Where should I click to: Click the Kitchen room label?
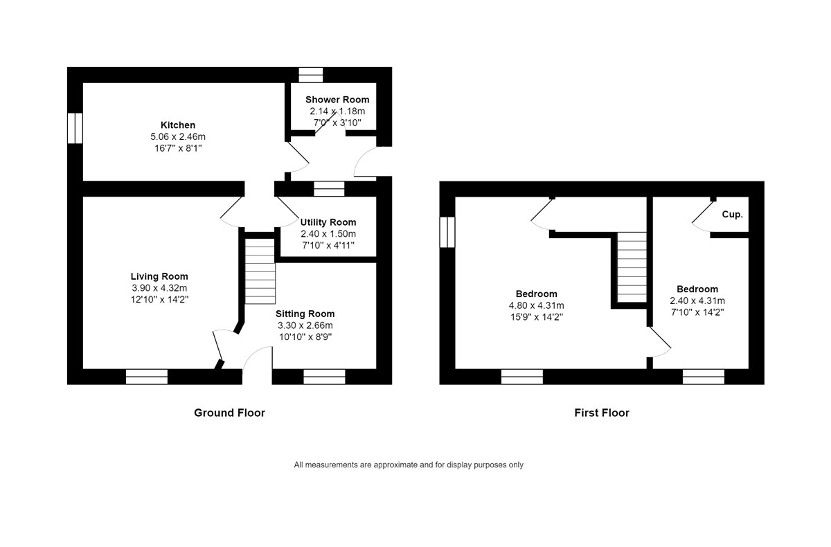point(178,125)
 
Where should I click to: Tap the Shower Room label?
point(337,100)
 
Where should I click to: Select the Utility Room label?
point(328,222)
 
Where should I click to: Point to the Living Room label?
point(159,276)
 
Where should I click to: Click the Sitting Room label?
point(305,314)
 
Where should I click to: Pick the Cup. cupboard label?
point(733,215)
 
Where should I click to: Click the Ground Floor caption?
point(230,413)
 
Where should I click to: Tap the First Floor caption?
point(602,413)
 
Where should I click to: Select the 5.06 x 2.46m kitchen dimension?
point(178,136)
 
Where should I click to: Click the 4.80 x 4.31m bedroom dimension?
point(537,305)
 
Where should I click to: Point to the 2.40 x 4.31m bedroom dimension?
point(697,301)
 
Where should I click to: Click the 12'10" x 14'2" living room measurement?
point(159,299)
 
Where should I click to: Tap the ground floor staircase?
point(260,271)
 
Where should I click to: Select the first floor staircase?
point(632,267)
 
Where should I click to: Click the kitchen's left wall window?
point(75,128)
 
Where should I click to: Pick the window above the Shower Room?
point(311,75)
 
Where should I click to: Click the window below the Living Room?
point(147,377)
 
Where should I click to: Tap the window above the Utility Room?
point(329,189)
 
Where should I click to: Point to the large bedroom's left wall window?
point(447,232)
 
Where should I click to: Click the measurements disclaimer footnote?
point(409,465)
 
